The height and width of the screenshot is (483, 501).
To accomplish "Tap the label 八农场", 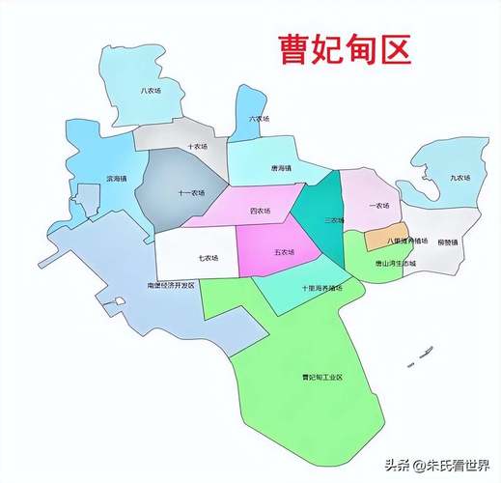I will coord(150,91).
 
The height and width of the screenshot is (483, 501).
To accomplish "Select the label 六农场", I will coord(259,119).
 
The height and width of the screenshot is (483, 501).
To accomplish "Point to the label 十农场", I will coord(197,147).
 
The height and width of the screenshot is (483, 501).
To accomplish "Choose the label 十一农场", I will coord(191,193).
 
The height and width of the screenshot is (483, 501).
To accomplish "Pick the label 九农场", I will coord(459,179).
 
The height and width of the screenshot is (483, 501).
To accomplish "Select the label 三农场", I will coord(333,220).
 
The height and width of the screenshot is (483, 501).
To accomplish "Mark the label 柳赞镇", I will coord(446,241).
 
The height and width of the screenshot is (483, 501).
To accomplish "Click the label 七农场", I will coord(208,258).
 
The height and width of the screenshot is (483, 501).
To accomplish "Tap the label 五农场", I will coord(284,252).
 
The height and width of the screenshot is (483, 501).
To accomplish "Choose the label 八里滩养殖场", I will coord(406,241).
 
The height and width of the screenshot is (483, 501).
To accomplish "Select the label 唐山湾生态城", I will coord(395,262).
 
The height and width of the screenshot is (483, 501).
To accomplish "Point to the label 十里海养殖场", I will coord(321,288).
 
